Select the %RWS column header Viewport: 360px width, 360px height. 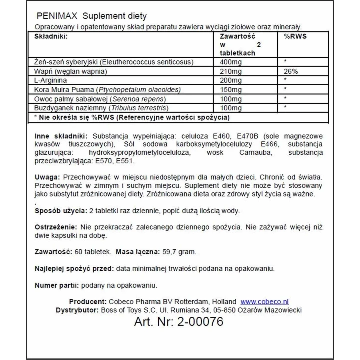(294, 36)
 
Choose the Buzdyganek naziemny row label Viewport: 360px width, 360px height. (68, 107)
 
